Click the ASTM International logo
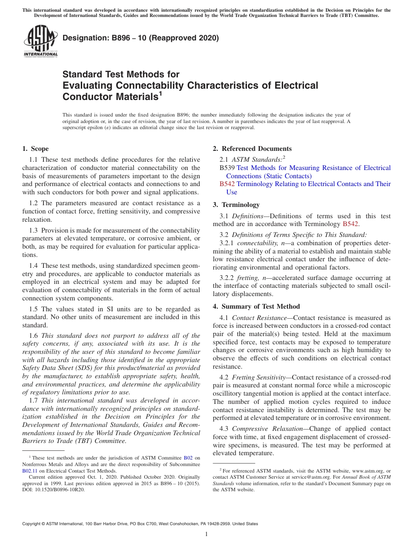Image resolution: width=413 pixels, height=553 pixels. tap(40, 41)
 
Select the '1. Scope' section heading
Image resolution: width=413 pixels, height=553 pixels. tap(36, 149)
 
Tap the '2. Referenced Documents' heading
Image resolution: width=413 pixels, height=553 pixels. tap(252, 149)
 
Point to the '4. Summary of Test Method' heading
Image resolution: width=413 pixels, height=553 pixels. tap(256, 306)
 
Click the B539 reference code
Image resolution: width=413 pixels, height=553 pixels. tap(227, 168)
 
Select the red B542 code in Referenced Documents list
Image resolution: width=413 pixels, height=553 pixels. tap(227, 184)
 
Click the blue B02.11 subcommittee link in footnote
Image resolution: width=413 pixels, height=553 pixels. tap(29, 470)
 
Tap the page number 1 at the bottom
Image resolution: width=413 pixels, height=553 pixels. tap(206, 534)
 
